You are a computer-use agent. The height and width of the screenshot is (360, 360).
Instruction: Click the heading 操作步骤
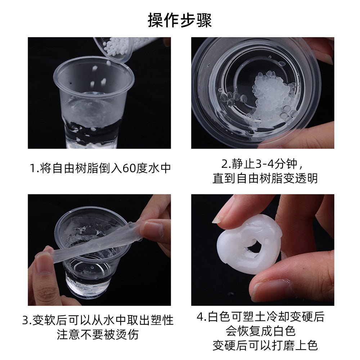pos(180,21)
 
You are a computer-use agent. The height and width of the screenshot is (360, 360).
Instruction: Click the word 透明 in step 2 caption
pos(306,179)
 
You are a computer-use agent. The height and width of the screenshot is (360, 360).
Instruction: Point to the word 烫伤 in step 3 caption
pos(127,334)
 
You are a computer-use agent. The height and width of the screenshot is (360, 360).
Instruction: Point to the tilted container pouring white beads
pos(114,49)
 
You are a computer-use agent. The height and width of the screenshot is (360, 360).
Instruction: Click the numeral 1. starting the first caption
pos(34,168)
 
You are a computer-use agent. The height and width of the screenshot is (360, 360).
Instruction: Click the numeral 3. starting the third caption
pos(27,320)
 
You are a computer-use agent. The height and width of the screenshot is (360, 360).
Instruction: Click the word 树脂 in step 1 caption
pos(87,168)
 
